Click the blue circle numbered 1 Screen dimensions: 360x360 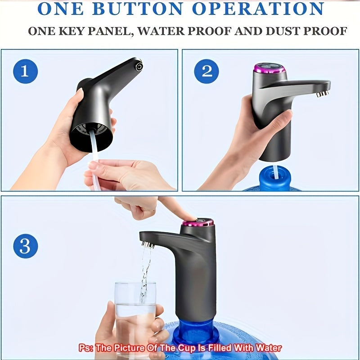(x=25, y=71)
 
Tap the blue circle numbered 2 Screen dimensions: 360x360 (x=207, y=71)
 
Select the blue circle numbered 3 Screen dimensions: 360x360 (x=25, y=246)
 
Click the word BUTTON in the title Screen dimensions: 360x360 (x=138, y=9)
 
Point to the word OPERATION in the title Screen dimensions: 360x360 (x=258, y=9)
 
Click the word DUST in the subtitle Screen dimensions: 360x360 (x=283, y=31)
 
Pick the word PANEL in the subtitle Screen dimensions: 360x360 (x=109, y=31)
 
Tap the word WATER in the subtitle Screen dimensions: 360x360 (x=161, y=31)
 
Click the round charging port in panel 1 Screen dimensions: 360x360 (x=139, y=67)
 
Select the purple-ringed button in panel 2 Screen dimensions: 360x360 (x=270, y=68)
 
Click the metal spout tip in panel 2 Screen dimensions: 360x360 (x=322, y=94)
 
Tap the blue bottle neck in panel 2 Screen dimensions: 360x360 (x=275, y=178)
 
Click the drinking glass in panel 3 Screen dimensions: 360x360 (x=135, y=319)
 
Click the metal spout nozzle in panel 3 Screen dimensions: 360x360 (x=148, y=244)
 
